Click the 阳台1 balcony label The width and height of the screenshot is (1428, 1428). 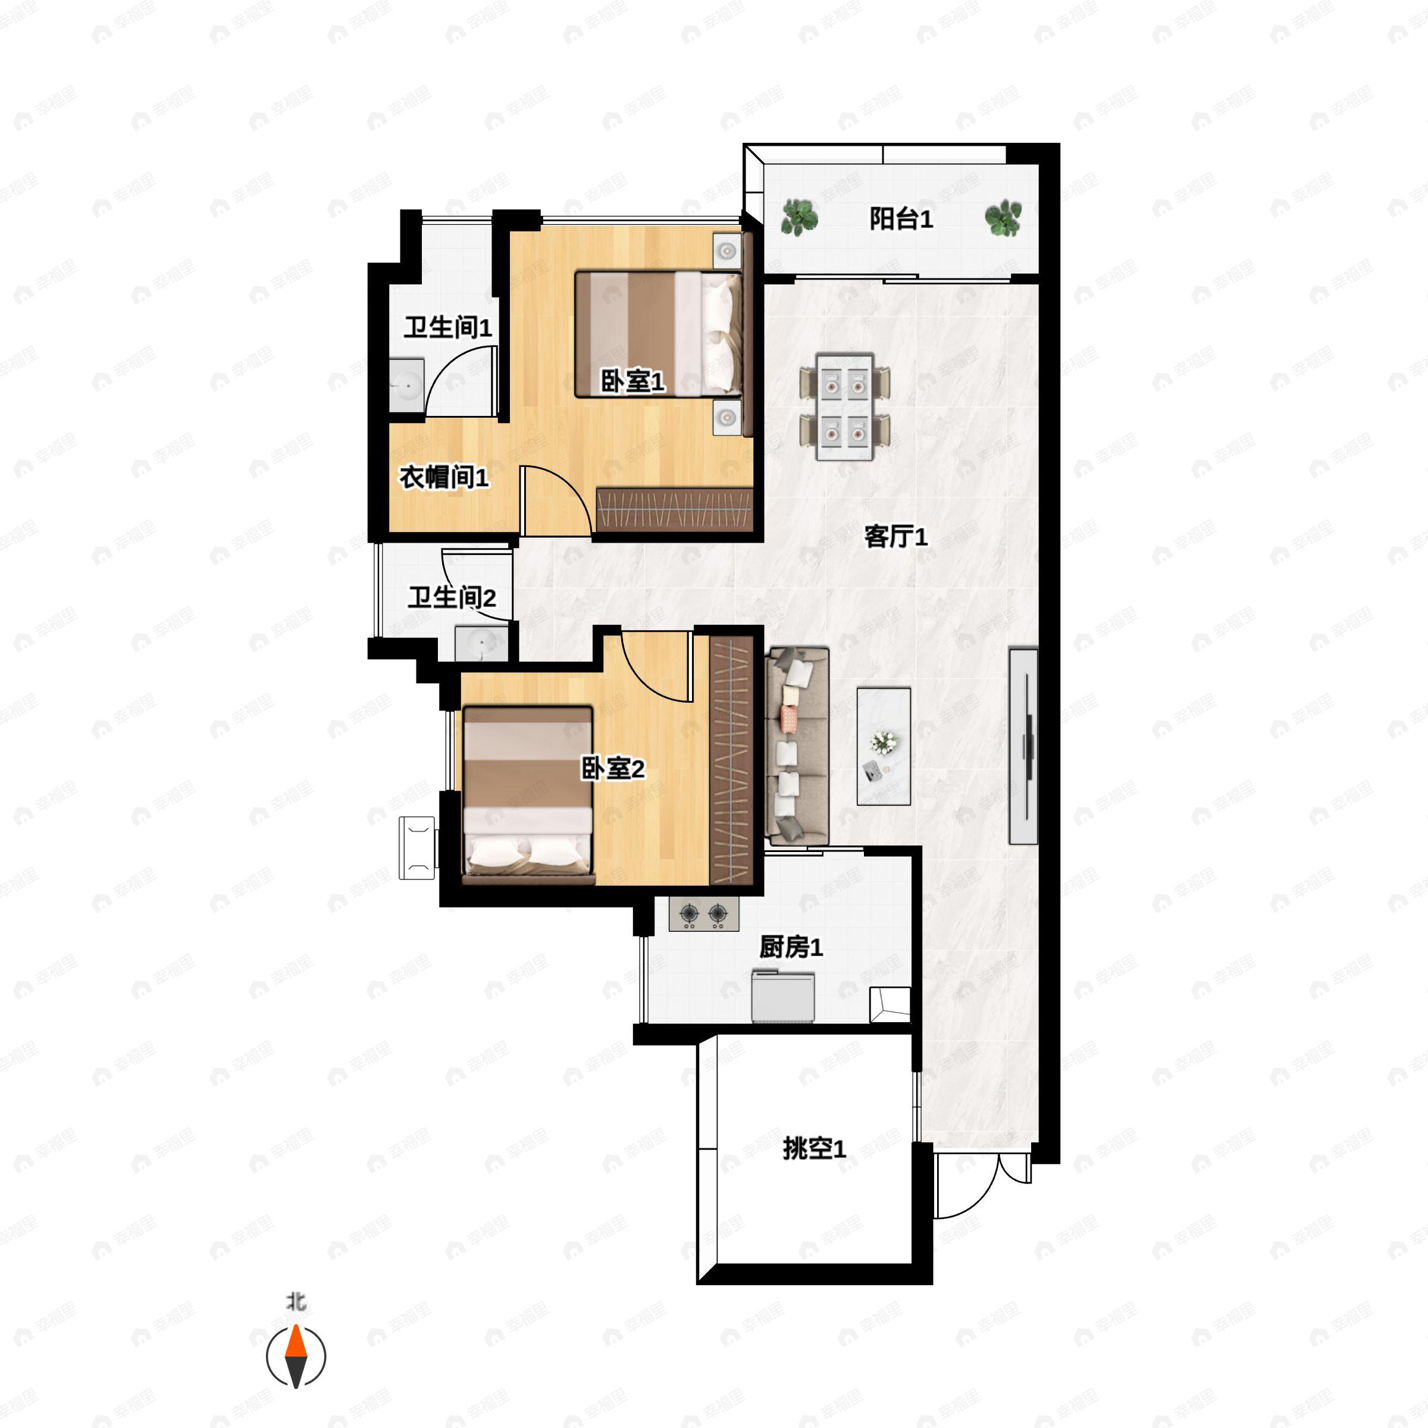(x=900, y=219)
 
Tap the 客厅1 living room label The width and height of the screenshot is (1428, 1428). (x=896, y=537)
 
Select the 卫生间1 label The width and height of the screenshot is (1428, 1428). (x=448, y=327)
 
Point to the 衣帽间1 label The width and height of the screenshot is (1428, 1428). (x=444, y=477)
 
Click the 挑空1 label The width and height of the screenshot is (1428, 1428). (x=815, y=1148)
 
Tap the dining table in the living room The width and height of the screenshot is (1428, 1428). (x=845, y=406)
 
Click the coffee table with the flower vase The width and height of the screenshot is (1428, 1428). (x=883, y=746)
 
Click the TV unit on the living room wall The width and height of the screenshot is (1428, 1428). (x=1023, y=746)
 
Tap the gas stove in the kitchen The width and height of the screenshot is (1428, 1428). (x=704, y=915)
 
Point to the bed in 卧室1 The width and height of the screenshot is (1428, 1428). (x=659, y=334)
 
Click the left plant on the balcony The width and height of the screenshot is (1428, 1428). (x=799, y=218)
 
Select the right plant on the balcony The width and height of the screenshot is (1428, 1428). (x=1004, y=218)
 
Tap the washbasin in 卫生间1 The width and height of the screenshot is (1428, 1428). (x=406, y=385)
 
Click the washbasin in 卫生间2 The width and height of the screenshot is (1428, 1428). (x=481, y=643)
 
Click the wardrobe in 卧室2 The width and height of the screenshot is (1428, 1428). (x=732, y=760)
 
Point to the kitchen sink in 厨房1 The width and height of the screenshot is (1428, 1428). (x=783, y=995)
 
